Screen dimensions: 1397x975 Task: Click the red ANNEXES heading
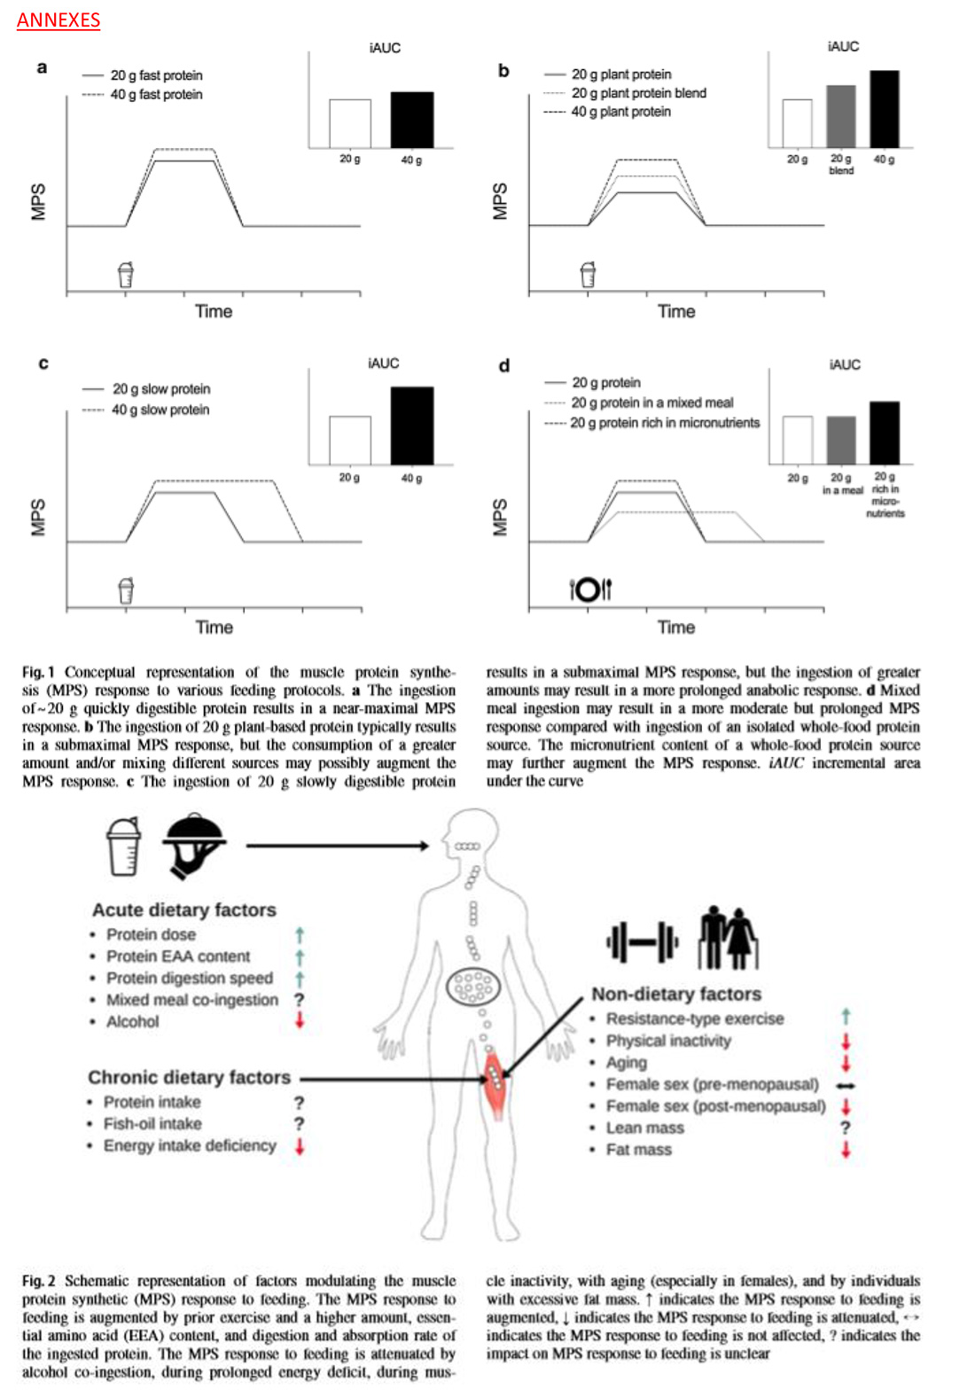pos(58,20)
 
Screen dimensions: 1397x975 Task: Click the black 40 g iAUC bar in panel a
pos(412,120)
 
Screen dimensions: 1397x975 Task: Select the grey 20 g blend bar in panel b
pos(841,116)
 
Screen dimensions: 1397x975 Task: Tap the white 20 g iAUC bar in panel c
pos(350,440)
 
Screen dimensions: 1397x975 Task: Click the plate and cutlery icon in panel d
pos(590,589)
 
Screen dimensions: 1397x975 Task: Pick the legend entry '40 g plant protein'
pos(620,112)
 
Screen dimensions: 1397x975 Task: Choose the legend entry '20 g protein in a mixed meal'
pos(651,402)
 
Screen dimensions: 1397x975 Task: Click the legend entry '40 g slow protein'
pos(160,410)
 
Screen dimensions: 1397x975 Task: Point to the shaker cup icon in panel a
pos(126,275)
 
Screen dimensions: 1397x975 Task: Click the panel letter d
pos(504,365)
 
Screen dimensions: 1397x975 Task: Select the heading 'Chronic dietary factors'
pos(189,1077)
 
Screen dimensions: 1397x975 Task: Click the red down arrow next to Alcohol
pos(300,1021)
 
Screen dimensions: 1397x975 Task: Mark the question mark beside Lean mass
pos(846,1128)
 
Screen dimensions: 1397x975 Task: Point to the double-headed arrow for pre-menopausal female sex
pos(846,1085)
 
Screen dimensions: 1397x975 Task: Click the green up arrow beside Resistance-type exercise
pos(846,1017)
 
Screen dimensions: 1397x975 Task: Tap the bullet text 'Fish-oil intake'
pos(152,1124)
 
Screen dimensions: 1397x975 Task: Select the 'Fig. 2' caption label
pos(39,1281)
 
